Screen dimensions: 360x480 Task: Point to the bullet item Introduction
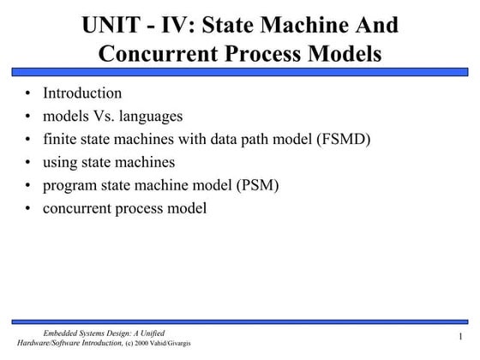(83, 93)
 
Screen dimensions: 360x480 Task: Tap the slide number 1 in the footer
(461, 337)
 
